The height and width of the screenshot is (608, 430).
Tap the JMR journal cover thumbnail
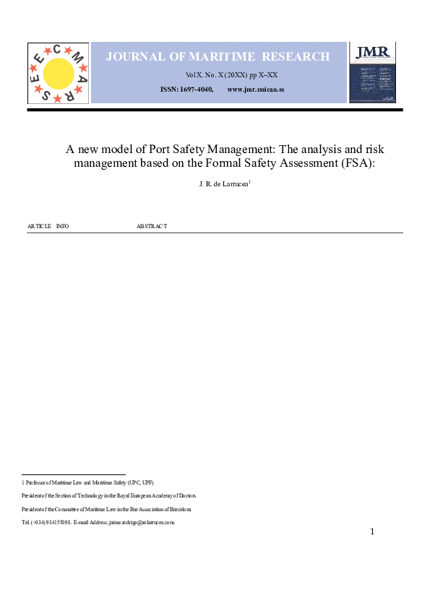click(x=372, y=72)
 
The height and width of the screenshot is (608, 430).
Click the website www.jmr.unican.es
click(x=255, y=89)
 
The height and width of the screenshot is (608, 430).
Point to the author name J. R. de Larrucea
click(x=223, y=185)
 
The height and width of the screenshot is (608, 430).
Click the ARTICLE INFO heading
click(x=48, y=226)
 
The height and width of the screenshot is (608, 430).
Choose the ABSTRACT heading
click(x=152, y=226)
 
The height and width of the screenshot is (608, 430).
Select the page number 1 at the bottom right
click(x=372, y=532)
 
